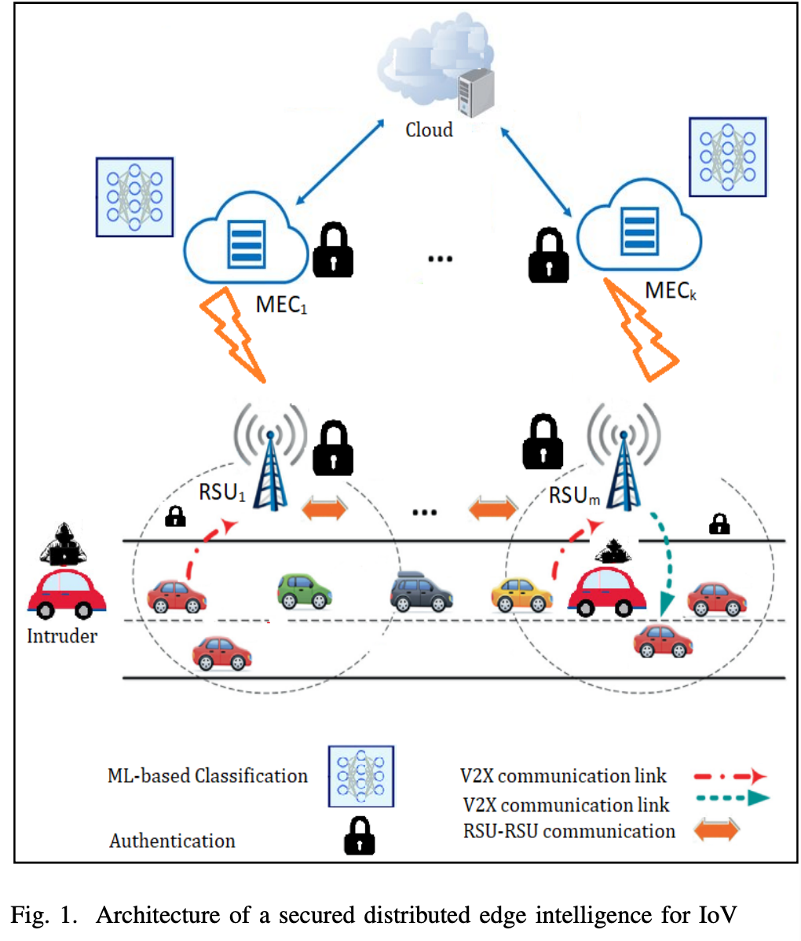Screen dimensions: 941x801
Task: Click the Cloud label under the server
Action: pyautogui.click(x=429, y=130)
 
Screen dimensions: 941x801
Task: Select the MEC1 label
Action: pyautogui.click(x=281, y=304)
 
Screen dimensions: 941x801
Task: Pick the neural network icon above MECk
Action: pyautogui.click(x=727, y=157)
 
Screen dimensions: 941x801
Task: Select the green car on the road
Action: pyautogui.click(x=305, y=591)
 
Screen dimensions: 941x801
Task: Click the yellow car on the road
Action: pyautogui.click(x=521, y=595)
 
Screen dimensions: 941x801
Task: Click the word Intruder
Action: pyautogui.click(x=62, y=636)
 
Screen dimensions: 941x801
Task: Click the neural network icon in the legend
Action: pyautogui.click(x=360, y=777)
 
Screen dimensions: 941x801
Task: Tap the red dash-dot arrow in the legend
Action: pyautogui.click(x=730, y=777)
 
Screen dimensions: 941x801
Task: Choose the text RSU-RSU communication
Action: pyautogui.click(x=569, y=831)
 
